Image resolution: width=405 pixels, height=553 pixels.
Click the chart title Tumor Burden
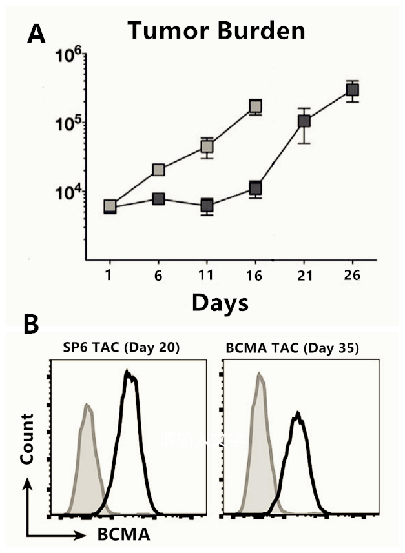click(x=216, y=30)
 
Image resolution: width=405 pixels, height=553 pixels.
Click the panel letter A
click(x=36, y=34)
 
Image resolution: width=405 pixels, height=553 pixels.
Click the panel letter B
click(x=32, y=325)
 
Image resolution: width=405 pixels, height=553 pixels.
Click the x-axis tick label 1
click(x=110, y=276)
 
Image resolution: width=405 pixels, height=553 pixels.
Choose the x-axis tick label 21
click(x=304, y=276)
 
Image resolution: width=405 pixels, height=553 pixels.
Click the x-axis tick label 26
click(x=351, y=276)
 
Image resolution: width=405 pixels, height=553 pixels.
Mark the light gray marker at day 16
click(x=255, y=106)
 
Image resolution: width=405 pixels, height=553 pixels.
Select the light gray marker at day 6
click(x=158, y=170)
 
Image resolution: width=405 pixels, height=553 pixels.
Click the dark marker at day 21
click(x=304, y=121)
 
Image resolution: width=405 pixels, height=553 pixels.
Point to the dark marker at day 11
click(x=207, y=206)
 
